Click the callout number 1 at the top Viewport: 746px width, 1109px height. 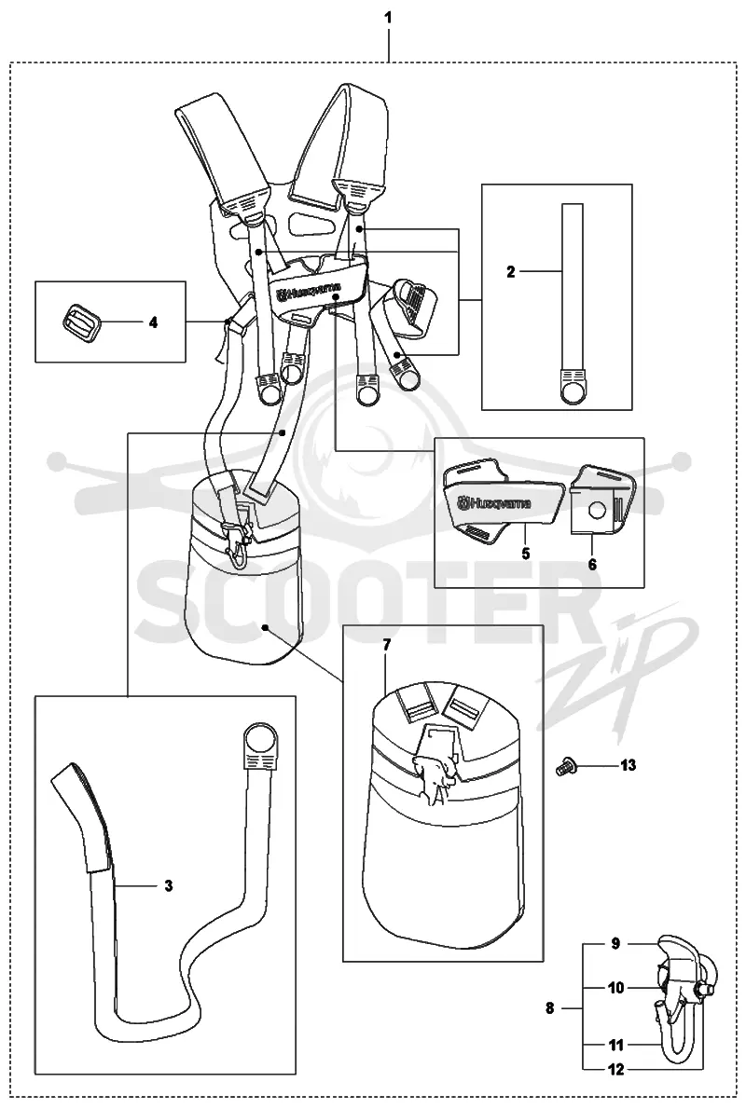tap(387, 17)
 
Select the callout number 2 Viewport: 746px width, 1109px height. tap(511, 271)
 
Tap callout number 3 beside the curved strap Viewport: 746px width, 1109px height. tap(169, 884)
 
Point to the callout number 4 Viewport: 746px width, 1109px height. tap(153, 322)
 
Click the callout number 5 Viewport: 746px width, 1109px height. tap(526, 553)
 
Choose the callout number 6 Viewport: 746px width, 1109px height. tap(592, 564)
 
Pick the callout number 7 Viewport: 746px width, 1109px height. tap(386, 645)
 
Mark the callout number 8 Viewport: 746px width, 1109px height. tap(550, 1008)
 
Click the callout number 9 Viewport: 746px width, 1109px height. tap(615, 943)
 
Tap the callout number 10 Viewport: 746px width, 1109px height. tap(615, 987)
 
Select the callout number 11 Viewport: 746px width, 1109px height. tap(615, 1045)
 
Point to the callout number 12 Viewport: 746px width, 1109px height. tap(615, 1070)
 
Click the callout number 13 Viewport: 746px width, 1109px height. tap(628, 764)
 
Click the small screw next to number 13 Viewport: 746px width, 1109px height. tap(565, 764)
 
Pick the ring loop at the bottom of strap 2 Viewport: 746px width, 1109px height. tap(573, 389)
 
